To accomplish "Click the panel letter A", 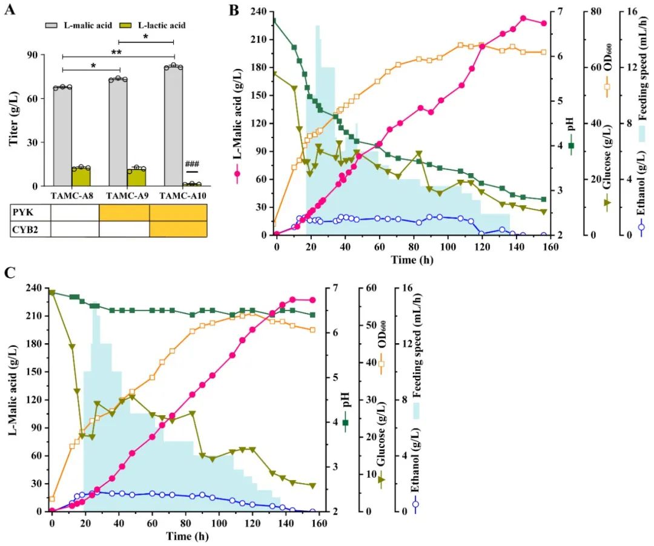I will [x=10, y=10].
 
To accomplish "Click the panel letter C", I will [x=10, y=272].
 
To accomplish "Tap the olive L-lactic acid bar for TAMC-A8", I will [x=81, y=176].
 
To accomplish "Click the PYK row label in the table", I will [x=22, y=213].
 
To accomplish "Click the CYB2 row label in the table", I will [x=25, y=229].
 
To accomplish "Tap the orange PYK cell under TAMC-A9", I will [x=124, y=213].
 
